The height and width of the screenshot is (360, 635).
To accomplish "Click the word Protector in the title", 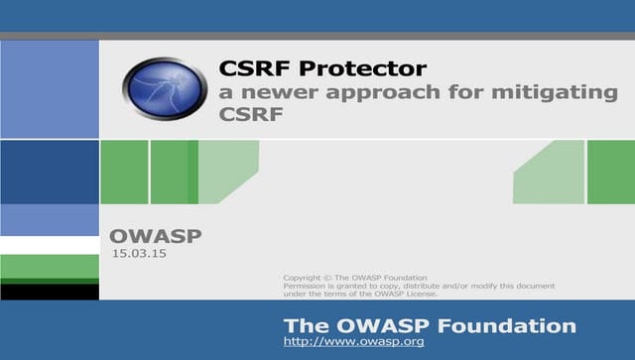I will coord(368,69).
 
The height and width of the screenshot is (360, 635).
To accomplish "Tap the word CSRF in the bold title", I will coord(252,69).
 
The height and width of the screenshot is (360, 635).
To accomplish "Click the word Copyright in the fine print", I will coord(302,277).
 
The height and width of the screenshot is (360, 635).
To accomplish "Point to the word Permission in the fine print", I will coord(305,286).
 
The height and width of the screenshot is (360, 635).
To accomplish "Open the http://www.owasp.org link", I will coord(353,342).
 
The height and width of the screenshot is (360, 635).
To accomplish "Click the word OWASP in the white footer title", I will coord(381,325).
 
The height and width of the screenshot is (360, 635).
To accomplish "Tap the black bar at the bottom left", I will coord(50,292).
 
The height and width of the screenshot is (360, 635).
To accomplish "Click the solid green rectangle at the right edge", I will coord(610,172).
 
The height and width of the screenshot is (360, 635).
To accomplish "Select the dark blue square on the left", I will coord(50,172).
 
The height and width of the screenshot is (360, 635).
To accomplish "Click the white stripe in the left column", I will coord(50,245).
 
